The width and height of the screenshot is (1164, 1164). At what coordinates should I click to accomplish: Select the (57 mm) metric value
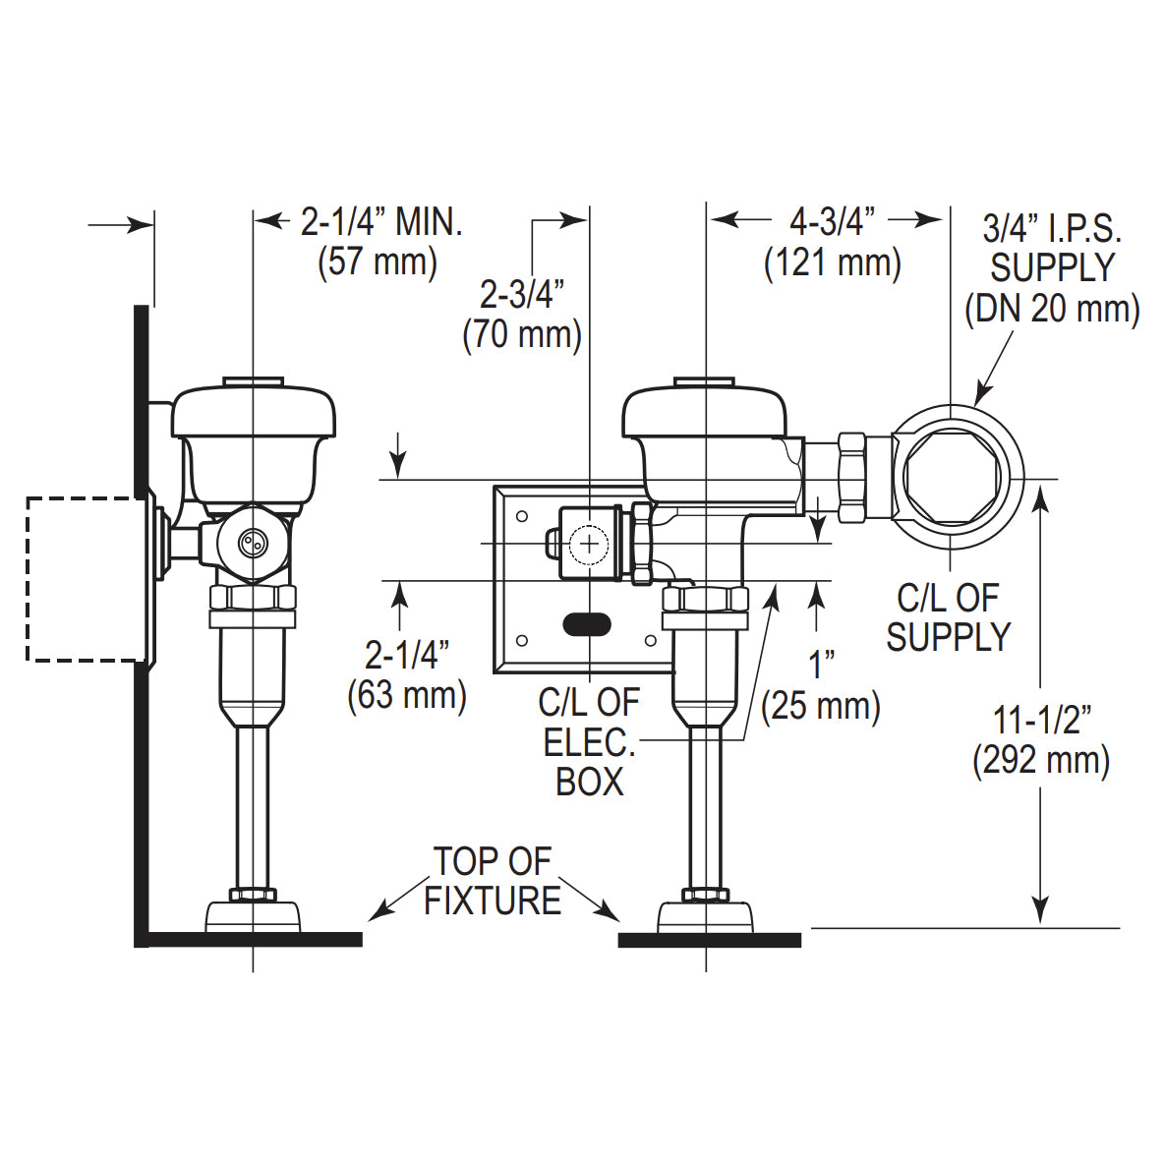[377, 262]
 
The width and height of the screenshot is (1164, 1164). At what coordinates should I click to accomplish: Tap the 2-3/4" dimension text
[522, 294]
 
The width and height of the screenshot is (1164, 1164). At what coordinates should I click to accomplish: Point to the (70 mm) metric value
[522, 334]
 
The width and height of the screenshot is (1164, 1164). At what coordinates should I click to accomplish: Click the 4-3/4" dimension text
[832, 221]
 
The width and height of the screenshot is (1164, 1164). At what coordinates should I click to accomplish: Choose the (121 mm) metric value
[832, 262]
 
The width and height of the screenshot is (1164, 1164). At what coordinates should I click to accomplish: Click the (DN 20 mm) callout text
[1052, 309]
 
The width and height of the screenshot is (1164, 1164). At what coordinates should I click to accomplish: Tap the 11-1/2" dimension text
[1041, 720]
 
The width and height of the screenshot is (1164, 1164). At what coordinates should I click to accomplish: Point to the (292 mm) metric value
[1041, 761]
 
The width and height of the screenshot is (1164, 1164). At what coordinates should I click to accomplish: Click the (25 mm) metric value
[821, 706]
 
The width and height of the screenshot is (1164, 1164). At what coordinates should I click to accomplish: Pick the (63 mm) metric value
[406, 695]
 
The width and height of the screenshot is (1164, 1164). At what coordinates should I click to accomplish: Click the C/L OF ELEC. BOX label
[589, 742]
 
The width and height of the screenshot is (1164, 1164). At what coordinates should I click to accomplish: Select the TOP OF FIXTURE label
[493, 881]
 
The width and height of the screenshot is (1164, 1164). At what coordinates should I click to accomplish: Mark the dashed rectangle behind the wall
[86, 579]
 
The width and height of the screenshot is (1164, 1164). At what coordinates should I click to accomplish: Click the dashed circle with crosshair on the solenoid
[589, 543]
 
